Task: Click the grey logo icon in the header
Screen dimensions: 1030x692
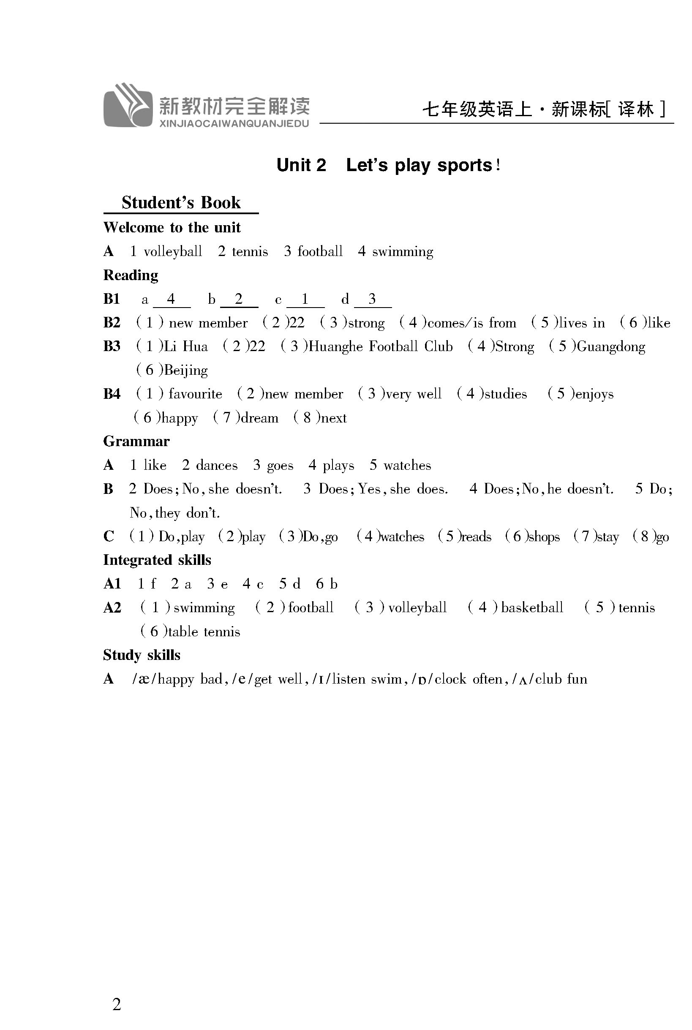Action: click(128, 106)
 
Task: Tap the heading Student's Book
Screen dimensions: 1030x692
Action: click(181, 202)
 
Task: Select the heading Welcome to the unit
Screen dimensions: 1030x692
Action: click(172, 227)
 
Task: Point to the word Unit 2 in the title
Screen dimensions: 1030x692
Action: click(301, 165)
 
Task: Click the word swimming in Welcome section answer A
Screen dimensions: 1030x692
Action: click(403, 251)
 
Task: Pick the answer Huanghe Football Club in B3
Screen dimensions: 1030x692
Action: click(380, 346)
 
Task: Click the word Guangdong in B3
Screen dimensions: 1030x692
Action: click(611, 346)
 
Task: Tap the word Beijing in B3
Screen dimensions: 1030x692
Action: click(186, 370)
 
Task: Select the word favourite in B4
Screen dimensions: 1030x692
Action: click(195, 394)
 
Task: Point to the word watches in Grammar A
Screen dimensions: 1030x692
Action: click(407, 465)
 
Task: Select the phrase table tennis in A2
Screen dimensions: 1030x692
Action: click(204, 632)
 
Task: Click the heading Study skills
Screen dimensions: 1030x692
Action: click(142, 655)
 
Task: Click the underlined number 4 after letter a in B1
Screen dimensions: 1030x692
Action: click(171, 299)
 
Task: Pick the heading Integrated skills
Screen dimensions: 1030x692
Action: click(157, 560)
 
